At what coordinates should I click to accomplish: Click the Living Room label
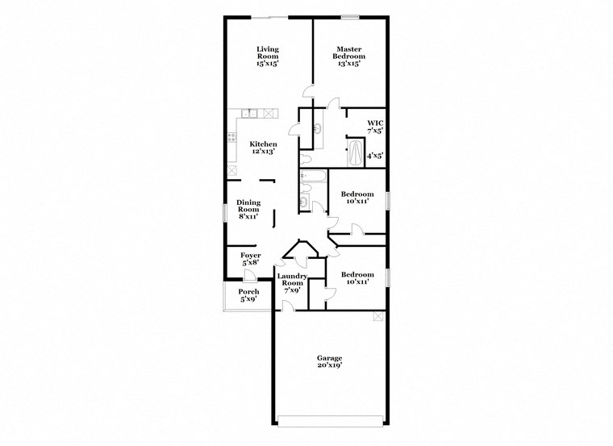pyautogui.click(x=268, y=56)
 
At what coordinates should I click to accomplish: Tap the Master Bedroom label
pyautogui.click(x=350, y=56)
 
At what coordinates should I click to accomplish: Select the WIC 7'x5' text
pyautogui.click(x=375, y=126)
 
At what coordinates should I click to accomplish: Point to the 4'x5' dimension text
pyautogui.click(x=375, y=155)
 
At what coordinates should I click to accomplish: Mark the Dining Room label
pyautogui.click(x=248, y=209)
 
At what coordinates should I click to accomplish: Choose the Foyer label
pyautogui.click(x=251, y=259)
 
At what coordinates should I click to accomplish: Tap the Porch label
pyautogui.click(x=248, y=295)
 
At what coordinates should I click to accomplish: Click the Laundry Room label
pyautogui.click(x=291, y=283)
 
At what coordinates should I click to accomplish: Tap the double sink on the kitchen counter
pyautogui.click(x=250, y=114)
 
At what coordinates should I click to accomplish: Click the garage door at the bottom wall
pyautogui.click(x=329, y=419)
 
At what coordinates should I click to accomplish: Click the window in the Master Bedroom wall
pyautogui.click(x=349, y=17)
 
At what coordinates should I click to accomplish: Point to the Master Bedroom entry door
pyautogui.click(x=307, y=93)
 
